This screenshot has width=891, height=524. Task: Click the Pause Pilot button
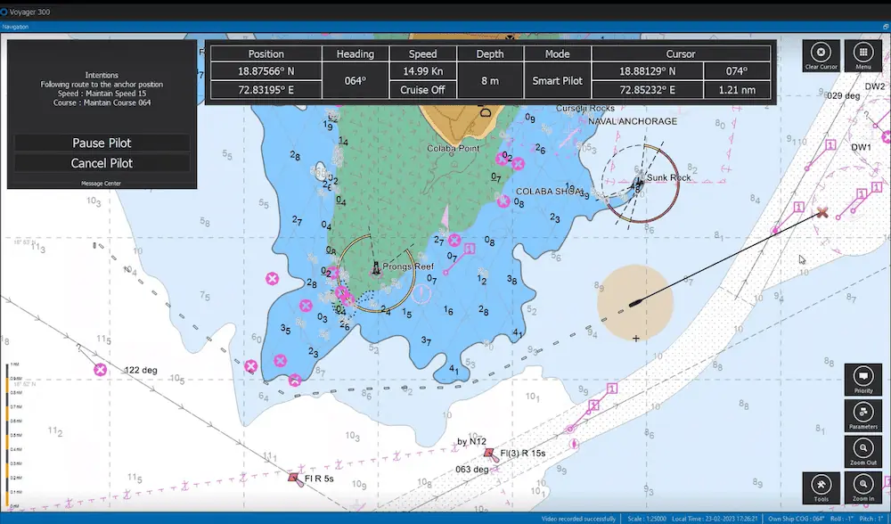[x=102, y=143]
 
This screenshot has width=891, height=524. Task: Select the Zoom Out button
[x=862, y=452]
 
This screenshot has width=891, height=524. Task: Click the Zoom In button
[x=862, y=487]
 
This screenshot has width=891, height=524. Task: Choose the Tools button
[x=821, y=487]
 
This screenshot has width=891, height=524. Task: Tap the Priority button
[x=862, y=380]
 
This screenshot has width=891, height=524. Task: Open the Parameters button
[x=862, y=415]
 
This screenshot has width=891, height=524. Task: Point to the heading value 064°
[x=356, y=80]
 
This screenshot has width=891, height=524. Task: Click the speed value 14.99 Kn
[x=423, y=71]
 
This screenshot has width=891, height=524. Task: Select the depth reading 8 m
[x=489, y=80]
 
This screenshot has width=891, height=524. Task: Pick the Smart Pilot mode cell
[x=558, y=80]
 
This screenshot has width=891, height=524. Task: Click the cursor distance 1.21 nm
[x=736, y=90]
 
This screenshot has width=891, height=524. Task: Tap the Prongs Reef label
[x=408, y=266]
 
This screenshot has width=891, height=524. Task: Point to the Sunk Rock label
[x=668, y=177]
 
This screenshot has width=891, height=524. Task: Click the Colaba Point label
[x=454, y=149]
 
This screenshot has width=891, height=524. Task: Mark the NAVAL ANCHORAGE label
[x=633, y=121]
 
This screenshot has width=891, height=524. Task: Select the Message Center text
[x=102, y=184]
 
